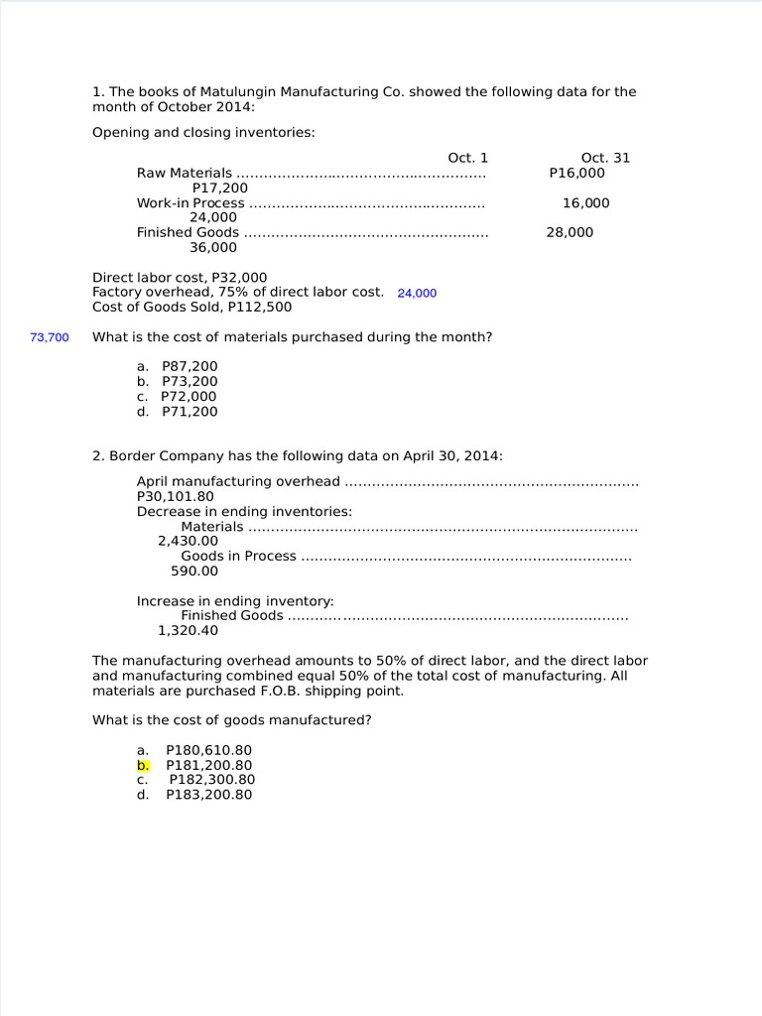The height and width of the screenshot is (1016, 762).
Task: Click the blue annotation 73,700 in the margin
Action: (x=50, y=337)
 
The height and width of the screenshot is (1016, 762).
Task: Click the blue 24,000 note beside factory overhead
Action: (x=417, y=293)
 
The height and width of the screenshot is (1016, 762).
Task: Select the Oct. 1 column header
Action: (x=468, y=158)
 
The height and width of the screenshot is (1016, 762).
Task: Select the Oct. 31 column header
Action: (x=605, y=158)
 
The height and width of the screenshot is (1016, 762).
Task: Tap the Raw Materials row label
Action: (x=185, y=173)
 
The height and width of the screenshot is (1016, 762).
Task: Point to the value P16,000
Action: (x=576, y=173)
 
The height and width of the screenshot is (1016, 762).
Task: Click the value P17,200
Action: (x=220, y=188)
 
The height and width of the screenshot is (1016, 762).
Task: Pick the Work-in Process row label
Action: (x=190, y=202)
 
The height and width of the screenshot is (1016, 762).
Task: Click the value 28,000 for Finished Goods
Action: (x=570, y=232)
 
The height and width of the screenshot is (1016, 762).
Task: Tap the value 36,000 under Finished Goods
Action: (x=213, y=247)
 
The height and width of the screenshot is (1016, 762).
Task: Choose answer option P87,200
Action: (x=190, y=366)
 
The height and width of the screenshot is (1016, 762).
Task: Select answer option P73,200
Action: (x=190, y=381)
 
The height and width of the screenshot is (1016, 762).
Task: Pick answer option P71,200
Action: (x=190, y=411)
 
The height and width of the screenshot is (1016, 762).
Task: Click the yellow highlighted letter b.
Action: (x=143, y=765)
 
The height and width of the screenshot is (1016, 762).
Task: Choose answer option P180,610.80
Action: (x=208, y=750)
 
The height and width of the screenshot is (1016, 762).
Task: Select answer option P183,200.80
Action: (x=208, y=795)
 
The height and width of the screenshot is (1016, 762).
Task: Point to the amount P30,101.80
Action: (x=175, y=496)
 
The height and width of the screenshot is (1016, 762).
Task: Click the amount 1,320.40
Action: (x=189, y=630)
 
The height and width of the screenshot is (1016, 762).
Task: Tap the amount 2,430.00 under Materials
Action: (x=188, y=541)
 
